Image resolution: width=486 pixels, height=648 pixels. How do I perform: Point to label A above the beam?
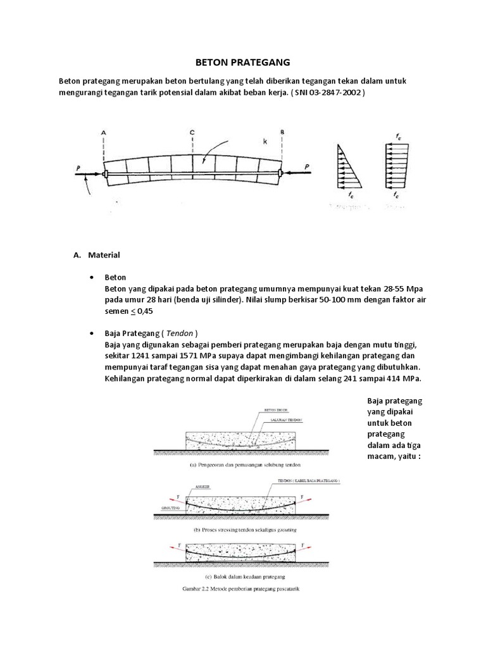103,132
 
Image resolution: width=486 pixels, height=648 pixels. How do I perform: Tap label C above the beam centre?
192,132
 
